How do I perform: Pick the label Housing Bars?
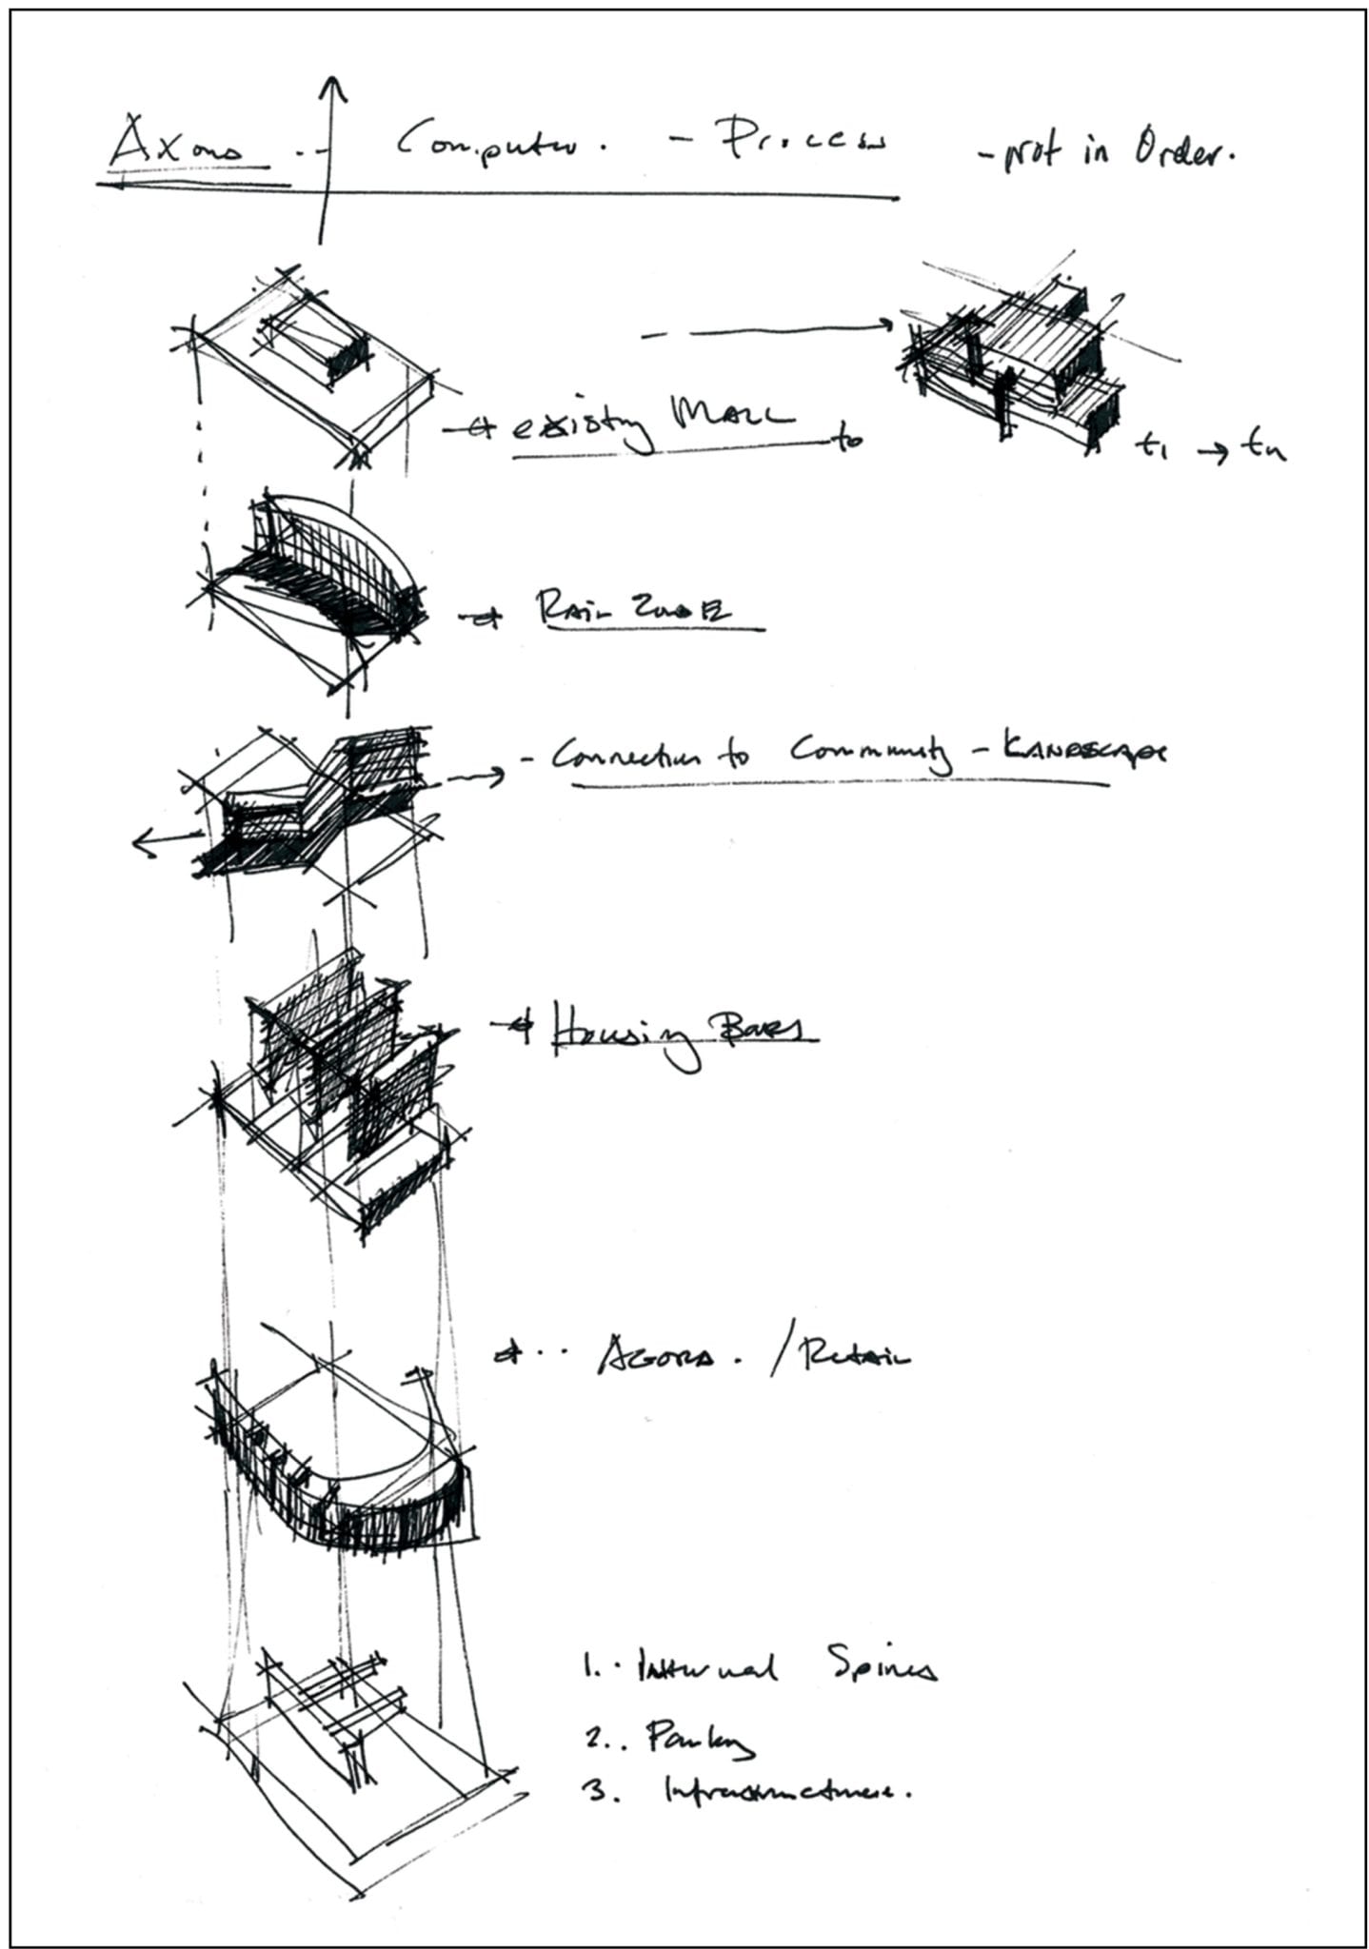[x=678, y=1033]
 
